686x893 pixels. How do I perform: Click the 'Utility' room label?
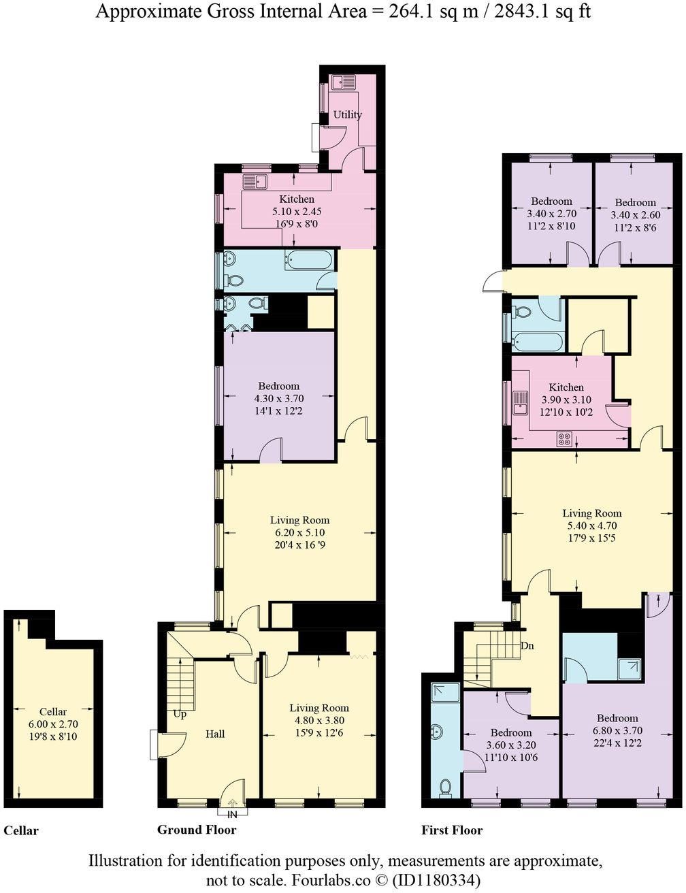point(347,114)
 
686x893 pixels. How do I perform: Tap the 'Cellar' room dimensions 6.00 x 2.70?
point(53,724)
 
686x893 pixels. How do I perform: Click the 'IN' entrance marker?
point(232,814)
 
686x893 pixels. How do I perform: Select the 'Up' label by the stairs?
point(180,715)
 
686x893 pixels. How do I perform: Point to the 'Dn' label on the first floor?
point(526,645)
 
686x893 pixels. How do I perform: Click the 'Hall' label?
point(215,734)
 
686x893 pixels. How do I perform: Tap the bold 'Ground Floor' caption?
point(196,830)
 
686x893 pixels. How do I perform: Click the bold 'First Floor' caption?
point(452,830)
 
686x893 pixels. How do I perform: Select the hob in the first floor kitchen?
point(564,439)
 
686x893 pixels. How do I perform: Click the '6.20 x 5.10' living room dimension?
point(299,533)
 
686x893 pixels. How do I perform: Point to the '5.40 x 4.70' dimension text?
point(591,525)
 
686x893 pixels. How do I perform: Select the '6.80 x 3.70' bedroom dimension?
point(617,731)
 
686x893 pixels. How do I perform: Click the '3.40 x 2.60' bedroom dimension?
point(635,215)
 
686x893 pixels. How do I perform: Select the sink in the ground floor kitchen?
point(258,182)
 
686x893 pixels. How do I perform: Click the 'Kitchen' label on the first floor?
point(566,387)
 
